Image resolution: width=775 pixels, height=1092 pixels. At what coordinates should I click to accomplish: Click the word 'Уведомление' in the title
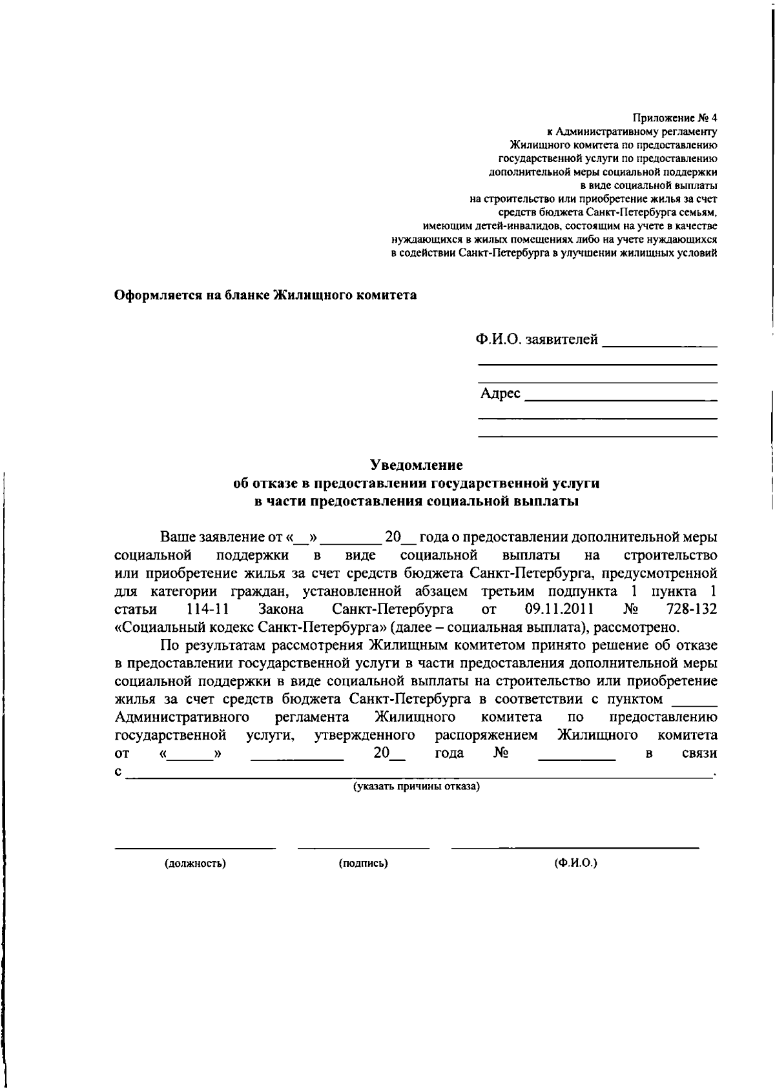click(416, 465)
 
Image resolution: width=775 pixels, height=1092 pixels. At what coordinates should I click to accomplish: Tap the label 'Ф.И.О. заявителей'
click(537, 339)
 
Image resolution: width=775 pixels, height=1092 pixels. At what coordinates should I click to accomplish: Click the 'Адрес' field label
click(500, 393)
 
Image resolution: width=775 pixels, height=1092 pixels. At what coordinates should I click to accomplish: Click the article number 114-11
click(204, 609)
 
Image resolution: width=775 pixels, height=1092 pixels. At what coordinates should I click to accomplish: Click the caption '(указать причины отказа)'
click(416, 787)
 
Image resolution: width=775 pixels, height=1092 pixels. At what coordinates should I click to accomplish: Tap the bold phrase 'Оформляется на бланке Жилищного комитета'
click(265, 296)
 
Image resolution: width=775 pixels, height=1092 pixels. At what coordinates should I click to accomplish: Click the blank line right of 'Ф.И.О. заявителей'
click(659, 345)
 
